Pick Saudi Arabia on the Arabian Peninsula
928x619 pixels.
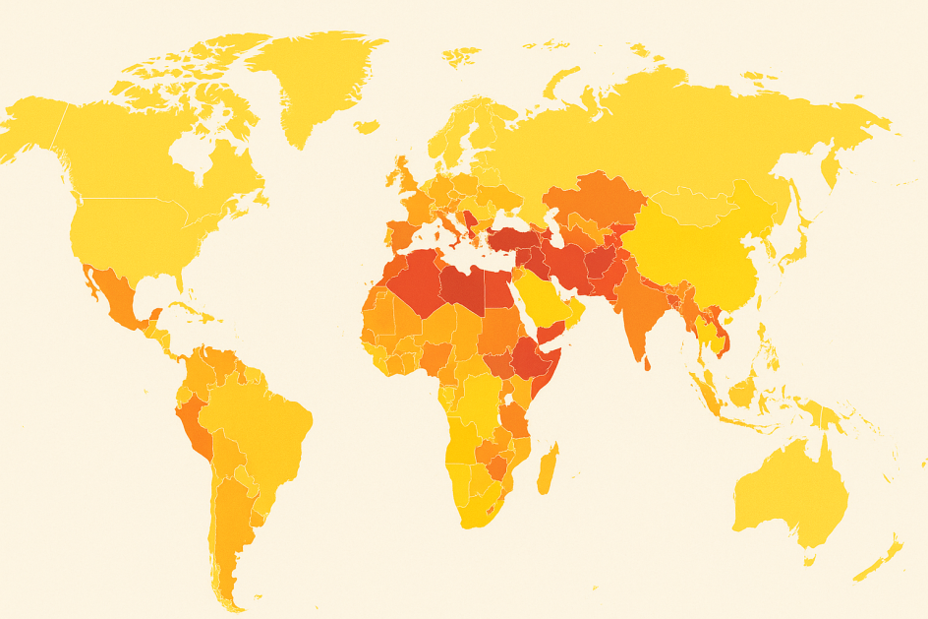pyautogui.click(x=546, y=295)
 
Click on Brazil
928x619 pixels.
pyautogui.click(x=265, y=423)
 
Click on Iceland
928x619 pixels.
pyautogui.click(x=367, y=127)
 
